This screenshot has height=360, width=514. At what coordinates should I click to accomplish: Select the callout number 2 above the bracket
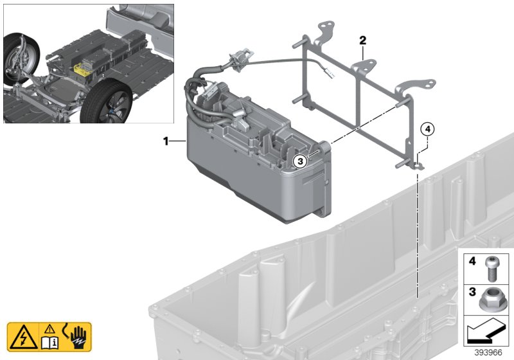362,40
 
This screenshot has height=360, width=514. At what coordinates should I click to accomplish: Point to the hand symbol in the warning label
78,335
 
